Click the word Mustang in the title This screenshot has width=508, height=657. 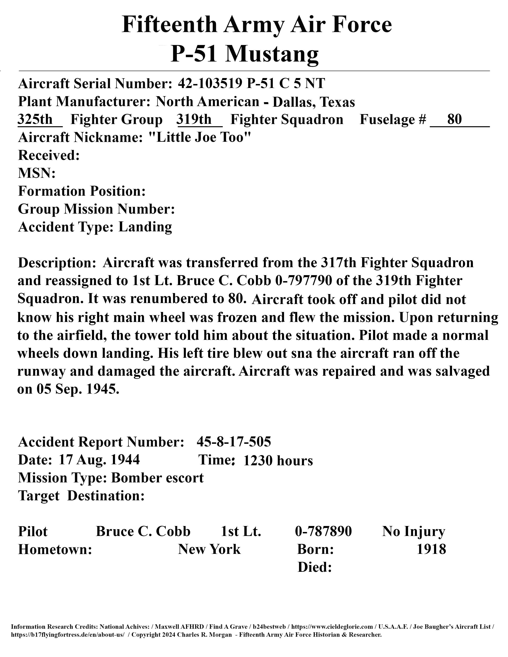pyautogui.click(x=272, y=54)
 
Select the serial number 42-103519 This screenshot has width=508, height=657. pyautogui.click(x=210, y=83)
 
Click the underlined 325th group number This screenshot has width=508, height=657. pyautogui.click(x=35, y=120)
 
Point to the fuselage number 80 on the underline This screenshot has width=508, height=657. pyautogui.click(x=454, y=120)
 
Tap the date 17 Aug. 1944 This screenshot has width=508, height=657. pyautogui.click(x=99, y=460)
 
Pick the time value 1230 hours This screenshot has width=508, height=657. pyautogui.click(x=278, y=460)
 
